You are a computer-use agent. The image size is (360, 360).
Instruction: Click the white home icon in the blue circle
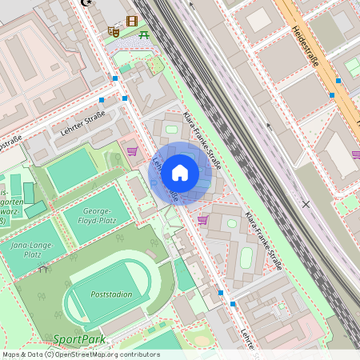click(180, 173)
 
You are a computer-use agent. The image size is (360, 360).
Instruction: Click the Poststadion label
click(112, 294)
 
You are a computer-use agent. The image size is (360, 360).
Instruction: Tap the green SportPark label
click(79, 339)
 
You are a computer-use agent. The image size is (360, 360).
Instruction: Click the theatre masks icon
click(113, 32)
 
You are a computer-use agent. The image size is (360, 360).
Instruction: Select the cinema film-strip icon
click(132, 21)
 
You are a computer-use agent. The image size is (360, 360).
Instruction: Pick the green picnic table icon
click(144, 34)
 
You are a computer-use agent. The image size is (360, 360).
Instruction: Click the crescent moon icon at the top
click(86, 2)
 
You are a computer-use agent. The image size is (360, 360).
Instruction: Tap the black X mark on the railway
click(306, 204)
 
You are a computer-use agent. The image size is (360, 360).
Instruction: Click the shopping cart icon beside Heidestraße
click(355, 154)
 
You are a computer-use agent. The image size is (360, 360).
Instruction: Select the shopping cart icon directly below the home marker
click(203, 219)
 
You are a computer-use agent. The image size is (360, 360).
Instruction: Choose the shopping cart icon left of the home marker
click(132, 150)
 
